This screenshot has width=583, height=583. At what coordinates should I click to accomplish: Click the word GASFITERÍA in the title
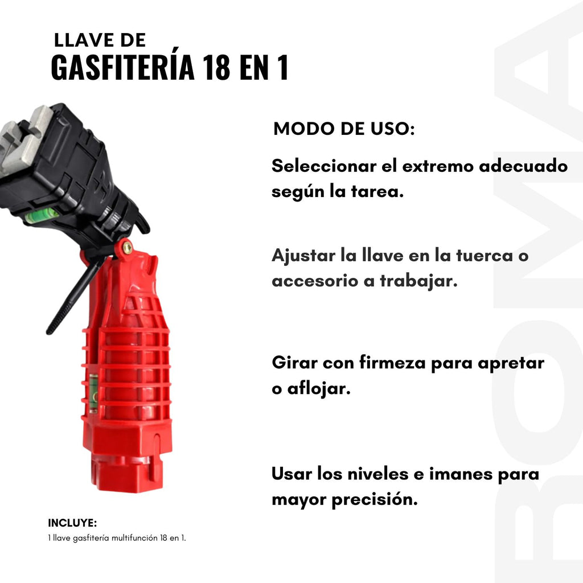pos(123,67)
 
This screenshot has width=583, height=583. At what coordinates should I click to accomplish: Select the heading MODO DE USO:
pos(344,129)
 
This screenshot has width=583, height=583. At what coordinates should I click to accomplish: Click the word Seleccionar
pos(324,166)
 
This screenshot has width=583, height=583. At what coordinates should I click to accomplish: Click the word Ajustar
pos(303,256)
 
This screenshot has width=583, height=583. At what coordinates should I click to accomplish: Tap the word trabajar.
pos(418,281)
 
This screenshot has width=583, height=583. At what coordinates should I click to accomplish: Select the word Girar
pos(294,363)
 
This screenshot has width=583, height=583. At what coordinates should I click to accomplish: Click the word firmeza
pos(392,363)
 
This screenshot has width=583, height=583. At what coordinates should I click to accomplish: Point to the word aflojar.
pos(319,389)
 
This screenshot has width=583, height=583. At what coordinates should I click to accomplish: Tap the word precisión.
pos(375,500)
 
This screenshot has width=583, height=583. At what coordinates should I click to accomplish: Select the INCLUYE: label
pos(72,523)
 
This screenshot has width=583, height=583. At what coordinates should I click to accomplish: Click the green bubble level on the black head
pos(42,215)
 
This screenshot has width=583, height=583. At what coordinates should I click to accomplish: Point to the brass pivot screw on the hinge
pos(127,247)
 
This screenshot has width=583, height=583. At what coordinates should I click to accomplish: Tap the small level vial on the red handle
pos(93,393)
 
